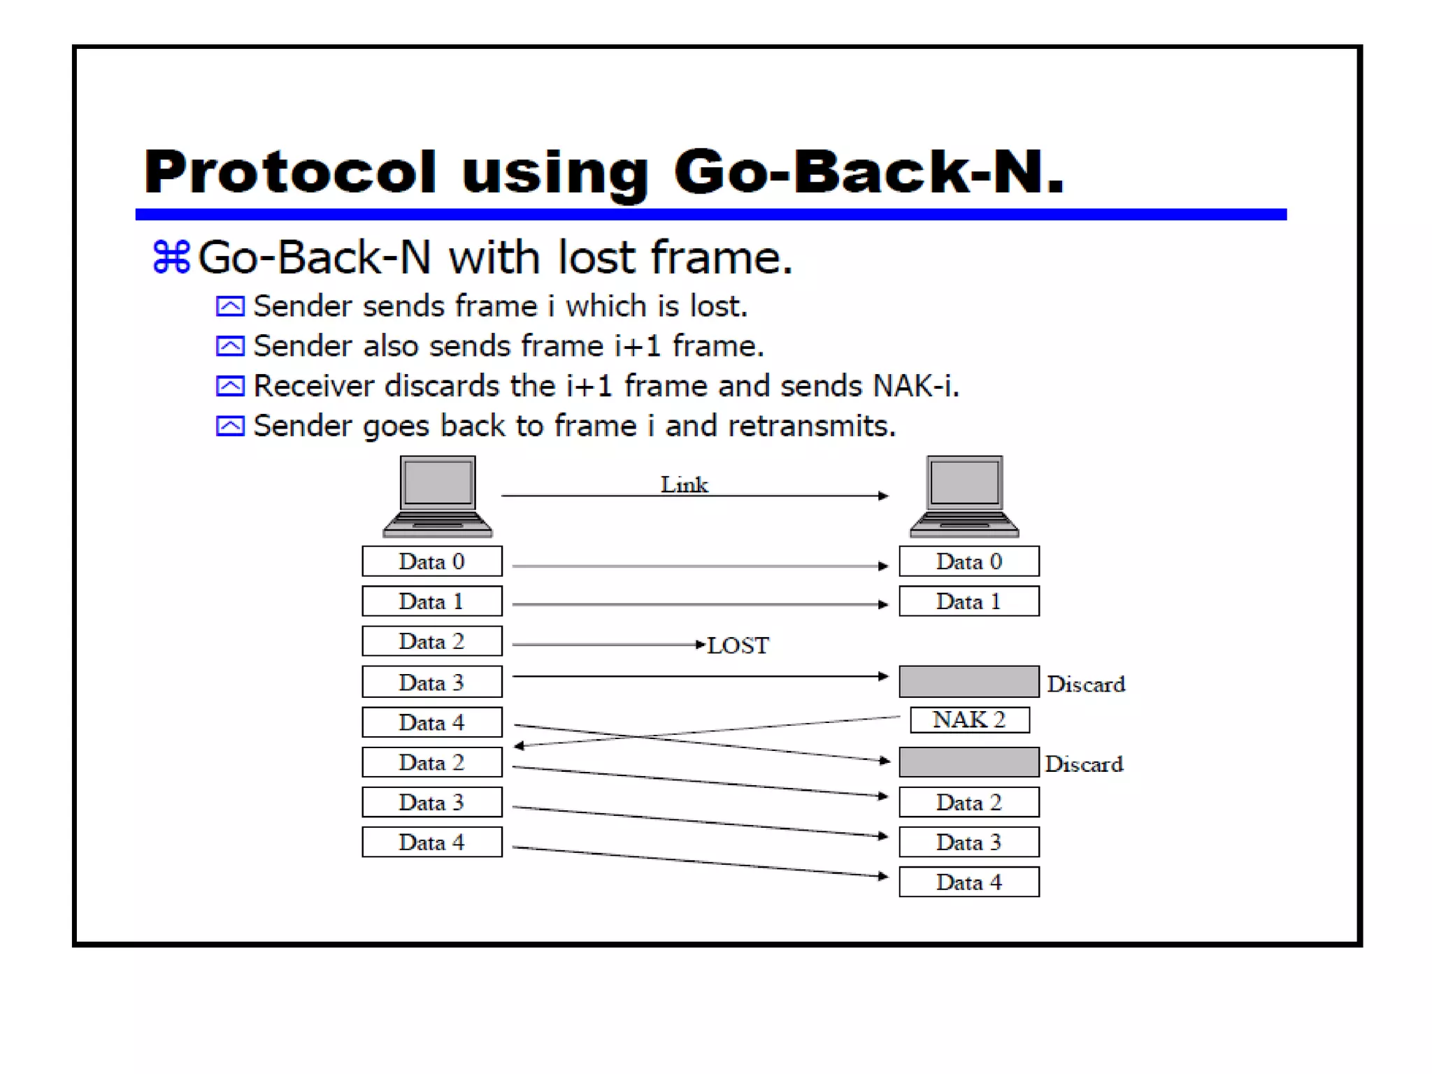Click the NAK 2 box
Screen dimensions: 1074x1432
point(969,719)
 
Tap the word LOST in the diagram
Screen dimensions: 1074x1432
point(738,645)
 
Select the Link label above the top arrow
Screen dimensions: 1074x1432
point(684,485)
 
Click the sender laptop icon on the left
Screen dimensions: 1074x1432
point(438,496)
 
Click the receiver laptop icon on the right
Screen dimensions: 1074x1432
point(964,496)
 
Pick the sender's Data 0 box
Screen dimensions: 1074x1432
point(431,561)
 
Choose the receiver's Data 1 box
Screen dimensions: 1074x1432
point(968,601)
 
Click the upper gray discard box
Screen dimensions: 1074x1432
point(968,682)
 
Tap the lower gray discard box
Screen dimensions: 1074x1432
point(968,762)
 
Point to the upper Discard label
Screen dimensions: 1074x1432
point(1086,684)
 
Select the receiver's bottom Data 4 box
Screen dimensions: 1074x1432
point(968,882)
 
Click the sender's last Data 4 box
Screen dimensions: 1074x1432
point(431,842)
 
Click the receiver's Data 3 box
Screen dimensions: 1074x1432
point(968,842)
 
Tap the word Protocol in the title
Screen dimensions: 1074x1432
point(290,172)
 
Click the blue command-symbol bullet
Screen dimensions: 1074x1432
point(171,257)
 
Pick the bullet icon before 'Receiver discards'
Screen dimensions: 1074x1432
point(230,386)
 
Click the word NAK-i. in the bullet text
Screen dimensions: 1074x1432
point(916,386)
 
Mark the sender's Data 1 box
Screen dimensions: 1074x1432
point(431,601)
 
